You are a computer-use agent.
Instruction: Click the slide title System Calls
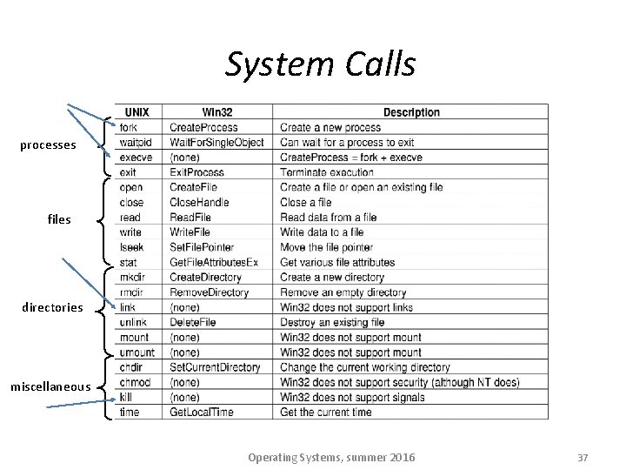320,64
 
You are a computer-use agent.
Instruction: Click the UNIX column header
137,112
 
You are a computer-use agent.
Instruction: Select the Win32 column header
217,112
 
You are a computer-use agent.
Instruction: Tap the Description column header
411,112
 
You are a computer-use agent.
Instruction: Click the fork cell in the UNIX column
128,127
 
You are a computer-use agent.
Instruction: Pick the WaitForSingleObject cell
216,142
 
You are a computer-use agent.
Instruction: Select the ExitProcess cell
196,172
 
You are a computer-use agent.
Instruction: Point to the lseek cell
131,247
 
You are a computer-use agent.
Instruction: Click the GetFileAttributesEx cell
214,262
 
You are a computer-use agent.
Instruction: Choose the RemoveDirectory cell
209,292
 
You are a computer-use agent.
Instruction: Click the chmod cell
134,382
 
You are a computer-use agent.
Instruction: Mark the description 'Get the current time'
325,412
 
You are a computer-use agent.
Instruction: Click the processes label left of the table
48,145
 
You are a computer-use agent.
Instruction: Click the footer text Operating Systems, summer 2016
331,458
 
